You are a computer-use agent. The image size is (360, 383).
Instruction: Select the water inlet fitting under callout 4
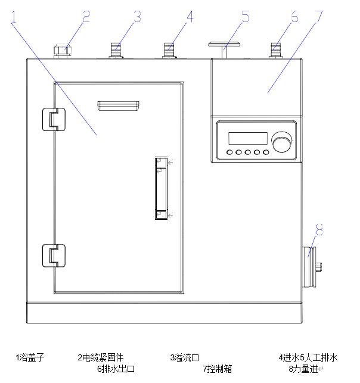(x=169, y=49)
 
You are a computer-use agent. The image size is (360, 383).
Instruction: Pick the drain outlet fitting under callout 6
(x=276, y=49)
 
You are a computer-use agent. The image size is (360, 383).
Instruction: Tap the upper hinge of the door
(x=52, y=119)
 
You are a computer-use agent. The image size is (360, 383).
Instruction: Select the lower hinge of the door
(x=52, y=256)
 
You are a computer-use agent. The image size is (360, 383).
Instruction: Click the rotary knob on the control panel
(x=280, y=142)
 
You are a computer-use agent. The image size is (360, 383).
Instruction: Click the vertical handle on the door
(x=160, y=188)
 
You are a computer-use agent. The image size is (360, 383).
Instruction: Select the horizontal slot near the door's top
(x=119, y=106)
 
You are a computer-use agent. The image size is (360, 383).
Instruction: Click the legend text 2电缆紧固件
(x=100, y=358)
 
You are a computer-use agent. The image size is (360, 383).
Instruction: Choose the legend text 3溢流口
(x=184, y=358)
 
